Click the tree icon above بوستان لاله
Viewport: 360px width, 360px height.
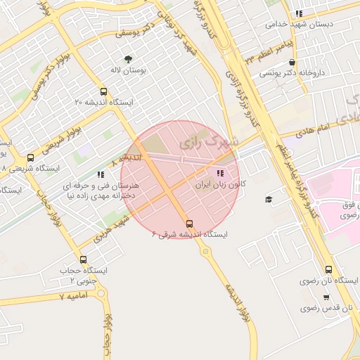point(128,60)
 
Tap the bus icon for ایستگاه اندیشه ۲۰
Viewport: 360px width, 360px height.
point(104,91)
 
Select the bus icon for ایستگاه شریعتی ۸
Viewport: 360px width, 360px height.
point(30,158)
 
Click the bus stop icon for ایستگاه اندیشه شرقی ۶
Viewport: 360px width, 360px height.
point(189,224)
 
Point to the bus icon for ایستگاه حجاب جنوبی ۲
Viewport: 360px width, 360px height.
point(83,259)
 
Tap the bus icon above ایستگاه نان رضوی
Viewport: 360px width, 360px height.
point(329,270)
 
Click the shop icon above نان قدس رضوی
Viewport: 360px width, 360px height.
point(326,297)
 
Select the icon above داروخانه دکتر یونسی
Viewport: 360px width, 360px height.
point(292,62)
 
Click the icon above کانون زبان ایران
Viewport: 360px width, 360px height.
point(220,172)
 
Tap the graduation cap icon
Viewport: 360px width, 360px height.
point(268,200)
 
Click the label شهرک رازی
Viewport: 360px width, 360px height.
point(209,142)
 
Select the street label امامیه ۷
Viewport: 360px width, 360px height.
point(72,297)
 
